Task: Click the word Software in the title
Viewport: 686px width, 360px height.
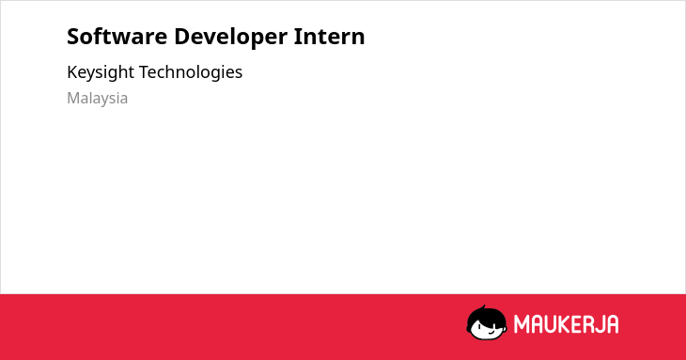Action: coord(117,37)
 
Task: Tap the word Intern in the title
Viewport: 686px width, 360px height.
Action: coord(329,37)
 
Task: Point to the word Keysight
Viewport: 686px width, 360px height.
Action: coord(101,72)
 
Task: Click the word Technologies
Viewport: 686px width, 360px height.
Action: coord(191,72)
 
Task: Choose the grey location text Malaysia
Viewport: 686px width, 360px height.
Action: coord(97,99)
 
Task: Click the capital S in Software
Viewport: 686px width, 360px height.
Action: coord(73,37)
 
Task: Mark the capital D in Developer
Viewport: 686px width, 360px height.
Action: coord(182,37)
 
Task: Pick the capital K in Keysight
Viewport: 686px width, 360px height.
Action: coord(72,72)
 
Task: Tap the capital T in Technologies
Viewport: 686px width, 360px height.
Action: coord(145,72)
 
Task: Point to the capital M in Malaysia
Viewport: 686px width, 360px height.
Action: coord(74,98)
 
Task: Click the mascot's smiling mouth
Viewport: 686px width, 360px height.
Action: coord(491,333)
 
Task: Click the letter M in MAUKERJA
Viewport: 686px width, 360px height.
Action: coord(522,324)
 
